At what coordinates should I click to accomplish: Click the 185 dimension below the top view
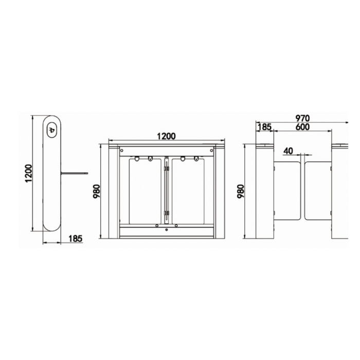(x=75, y=238)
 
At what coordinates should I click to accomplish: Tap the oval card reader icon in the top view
(x=52, y=131)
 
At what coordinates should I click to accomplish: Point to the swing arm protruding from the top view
(x=74, y=173)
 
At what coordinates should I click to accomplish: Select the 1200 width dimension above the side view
(x=166, y=136)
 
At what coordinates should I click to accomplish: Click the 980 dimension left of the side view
(x=96, y=191)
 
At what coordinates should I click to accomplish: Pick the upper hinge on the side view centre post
(x=166, y=168)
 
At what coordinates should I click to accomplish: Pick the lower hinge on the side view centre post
(x=166, y=212)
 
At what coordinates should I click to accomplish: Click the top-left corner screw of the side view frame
(x=122, y=150)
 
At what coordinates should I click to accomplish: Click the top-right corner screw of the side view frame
(x=211, y=150)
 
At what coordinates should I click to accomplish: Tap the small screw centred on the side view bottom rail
(x=166, y=230)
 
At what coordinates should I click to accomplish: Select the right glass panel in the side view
(x=188, y=190)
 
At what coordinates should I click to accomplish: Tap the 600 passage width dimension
(x=302, y=127)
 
